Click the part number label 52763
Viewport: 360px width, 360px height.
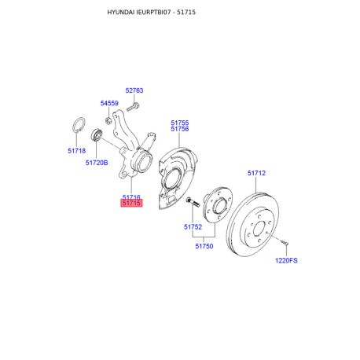pyautogui.click(x=134, y=90)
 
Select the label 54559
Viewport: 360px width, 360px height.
pyautogui.click(x=109, y=103)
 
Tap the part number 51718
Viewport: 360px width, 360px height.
pyautogui.click(x=76, y=151)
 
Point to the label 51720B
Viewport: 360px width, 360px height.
pyautogui.click(x=97, y=163)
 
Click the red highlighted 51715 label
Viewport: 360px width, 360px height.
pyautogui.click(x=131, y=203)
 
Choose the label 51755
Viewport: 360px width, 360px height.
pyautogui.click(x=180, y=123)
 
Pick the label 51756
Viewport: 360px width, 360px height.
pyautogui.click(x=180, y=129)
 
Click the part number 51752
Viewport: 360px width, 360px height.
pyautogui.click(x=193, y=227)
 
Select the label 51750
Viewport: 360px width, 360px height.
pyautogui.click(x=204, y=246)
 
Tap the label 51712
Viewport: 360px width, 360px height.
pyautogui.click(x=256, y=173)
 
